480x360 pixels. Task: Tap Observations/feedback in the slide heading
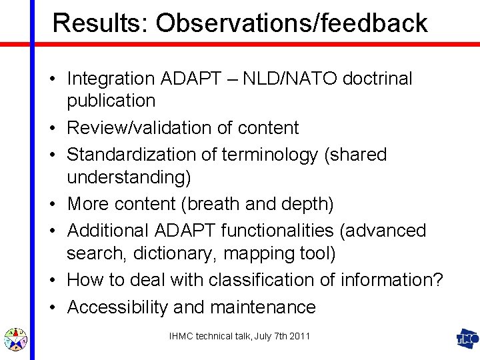click(x=292, y=23)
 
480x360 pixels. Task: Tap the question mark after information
click(x=437, y=280)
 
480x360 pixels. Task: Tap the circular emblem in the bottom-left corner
click(x=15, y=339)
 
